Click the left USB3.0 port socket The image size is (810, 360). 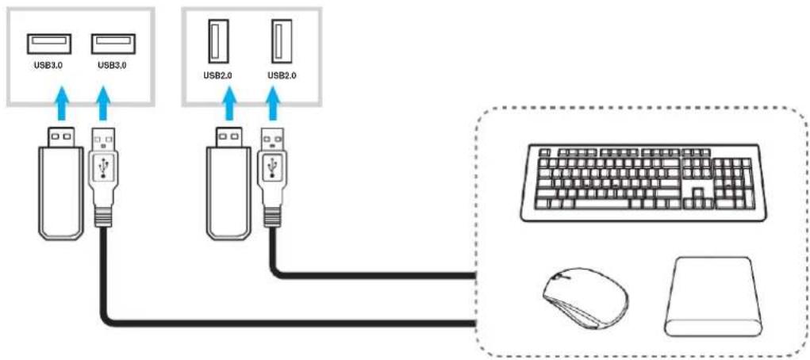pyautogui.click(x=49, y=44)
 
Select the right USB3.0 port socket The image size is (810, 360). pyautogui.click(x=113, y=44)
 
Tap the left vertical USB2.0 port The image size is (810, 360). pyautogui.click(x=217, y=41)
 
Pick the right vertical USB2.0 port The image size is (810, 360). pyautogui.click(x=282, y=41)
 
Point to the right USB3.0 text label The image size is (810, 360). pyautogui.click(x=112, y=66)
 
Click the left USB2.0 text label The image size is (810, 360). pyautogui.click(x=217, y=75)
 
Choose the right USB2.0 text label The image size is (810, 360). pyautogui.click(x=282, y=75)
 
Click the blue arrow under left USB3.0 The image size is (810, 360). pyautogui.click(x=61, y=103)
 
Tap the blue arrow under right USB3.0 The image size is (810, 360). pyautogui.click(x=103, y=103)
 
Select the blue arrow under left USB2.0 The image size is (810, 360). pyautogui.click(x=231, y=103)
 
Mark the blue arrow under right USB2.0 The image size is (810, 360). pyautogui.click(x=273, y=103)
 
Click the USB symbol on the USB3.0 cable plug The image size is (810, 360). pyautogui.click(x=104, y=167)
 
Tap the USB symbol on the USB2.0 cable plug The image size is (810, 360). pyautogui.click(x=272, y=167)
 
